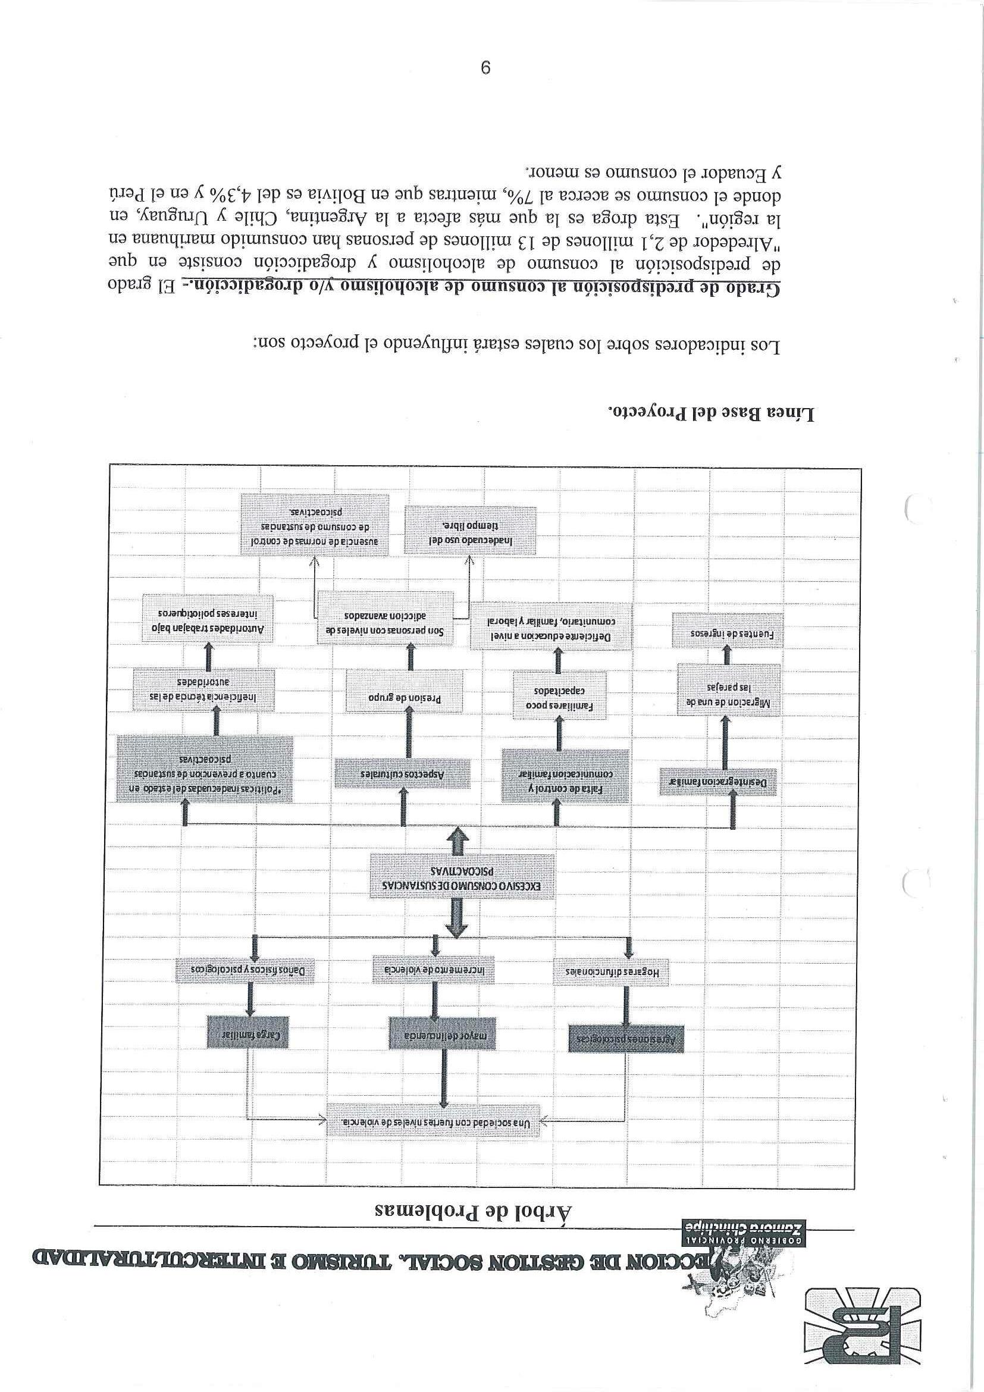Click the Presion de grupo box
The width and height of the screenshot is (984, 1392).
click(x=404, y=697)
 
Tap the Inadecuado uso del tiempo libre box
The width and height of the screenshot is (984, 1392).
click(x=471, y=531)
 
